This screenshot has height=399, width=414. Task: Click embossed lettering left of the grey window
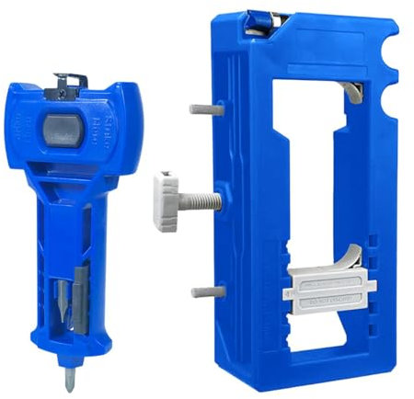point(27,124)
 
